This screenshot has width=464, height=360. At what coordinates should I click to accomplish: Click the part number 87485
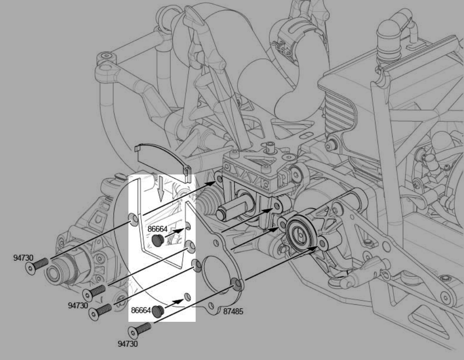click(233, 312)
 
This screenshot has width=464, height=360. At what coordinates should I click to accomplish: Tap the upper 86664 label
click(157, 229)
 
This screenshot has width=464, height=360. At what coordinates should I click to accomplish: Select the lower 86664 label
click(141, 310)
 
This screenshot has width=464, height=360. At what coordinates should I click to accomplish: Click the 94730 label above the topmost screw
click(23, 258)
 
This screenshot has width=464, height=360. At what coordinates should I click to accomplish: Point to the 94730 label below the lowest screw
click(128, 344)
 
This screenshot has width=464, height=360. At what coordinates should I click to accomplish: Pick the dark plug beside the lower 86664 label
click(158, 311)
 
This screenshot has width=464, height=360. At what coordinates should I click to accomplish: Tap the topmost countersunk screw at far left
click(37, 266)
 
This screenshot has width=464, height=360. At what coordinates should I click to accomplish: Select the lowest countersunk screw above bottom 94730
click(139, 330)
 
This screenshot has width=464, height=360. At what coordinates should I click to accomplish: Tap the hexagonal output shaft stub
click(232, 209)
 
